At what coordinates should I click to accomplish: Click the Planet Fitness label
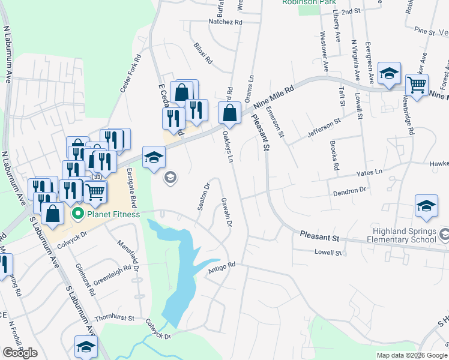[113, 214]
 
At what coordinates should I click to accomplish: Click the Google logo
[20, 352]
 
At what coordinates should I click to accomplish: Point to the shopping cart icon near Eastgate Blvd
[95, 191]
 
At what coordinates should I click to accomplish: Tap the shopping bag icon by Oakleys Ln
[229, 111]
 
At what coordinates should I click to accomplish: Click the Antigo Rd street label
[221, 268]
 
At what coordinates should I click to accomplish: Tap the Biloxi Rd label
[203, 53]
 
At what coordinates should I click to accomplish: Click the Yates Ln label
[370, 172]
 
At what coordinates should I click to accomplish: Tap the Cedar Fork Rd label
[130, 74]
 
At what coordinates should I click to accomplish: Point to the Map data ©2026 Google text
[412, 355]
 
